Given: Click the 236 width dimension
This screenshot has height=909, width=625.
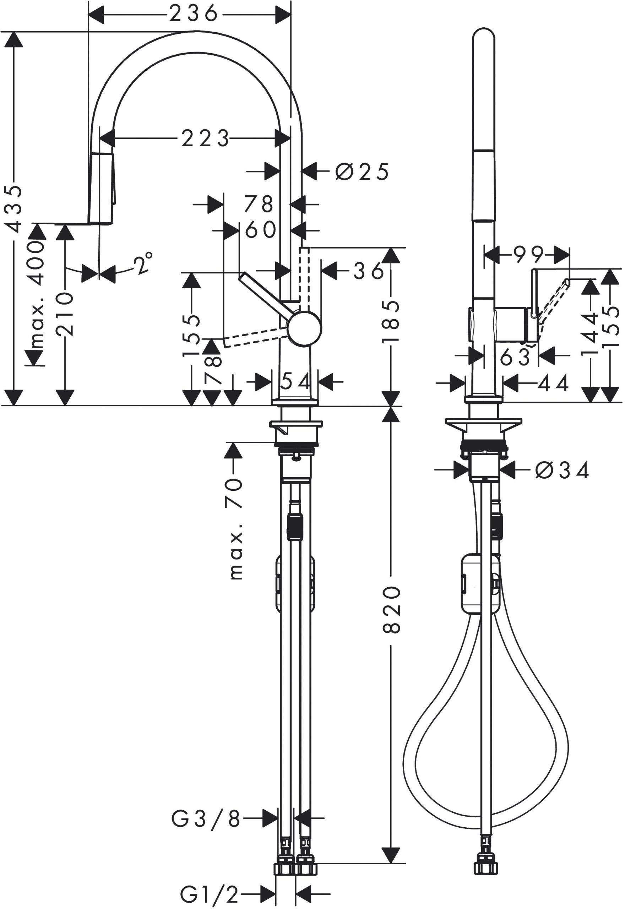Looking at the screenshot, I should pyautogui.click(x=194, y=14).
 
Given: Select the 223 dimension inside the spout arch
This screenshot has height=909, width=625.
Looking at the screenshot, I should pyautogui.click(x=205, y=138).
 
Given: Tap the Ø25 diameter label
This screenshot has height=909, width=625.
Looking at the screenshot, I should pyautogui.click(x=362, y=171).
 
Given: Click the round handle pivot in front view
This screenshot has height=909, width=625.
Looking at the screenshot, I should pyautogui.click(x=304, y=329).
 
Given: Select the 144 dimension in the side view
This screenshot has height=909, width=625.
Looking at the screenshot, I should pyautogui.click(x=590, y=333).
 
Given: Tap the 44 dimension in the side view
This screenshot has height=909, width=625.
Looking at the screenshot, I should pyautogui.click(x=553, y=383).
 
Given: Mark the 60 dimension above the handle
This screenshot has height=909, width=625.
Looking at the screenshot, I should pyautogui.click(x=260, y=230).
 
